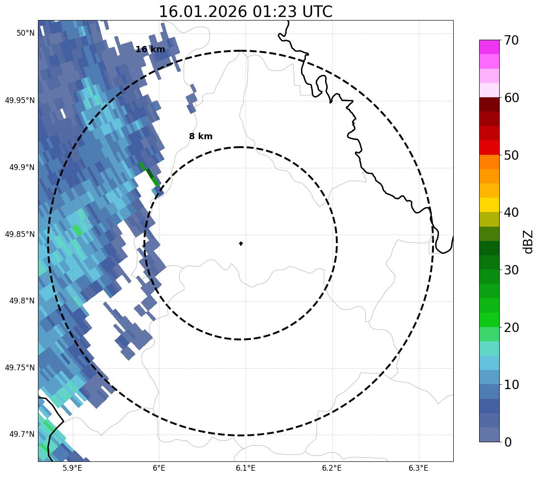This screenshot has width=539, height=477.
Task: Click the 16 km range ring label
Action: [150, 50]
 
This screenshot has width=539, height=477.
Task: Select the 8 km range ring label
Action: [201, 137]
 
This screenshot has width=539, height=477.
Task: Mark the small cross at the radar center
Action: [241, 243]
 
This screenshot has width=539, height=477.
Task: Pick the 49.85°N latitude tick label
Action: [20, 234]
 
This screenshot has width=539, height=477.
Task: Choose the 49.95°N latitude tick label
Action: [20, 100]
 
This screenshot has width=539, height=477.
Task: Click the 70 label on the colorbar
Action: [511, 40]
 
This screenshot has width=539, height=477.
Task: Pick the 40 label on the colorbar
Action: [511, 212]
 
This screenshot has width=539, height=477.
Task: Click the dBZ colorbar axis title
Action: [528, 241]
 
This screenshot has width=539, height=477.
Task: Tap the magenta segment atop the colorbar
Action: [489, 47]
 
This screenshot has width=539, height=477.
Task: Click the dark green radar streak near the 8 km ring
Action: [149, 174]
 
